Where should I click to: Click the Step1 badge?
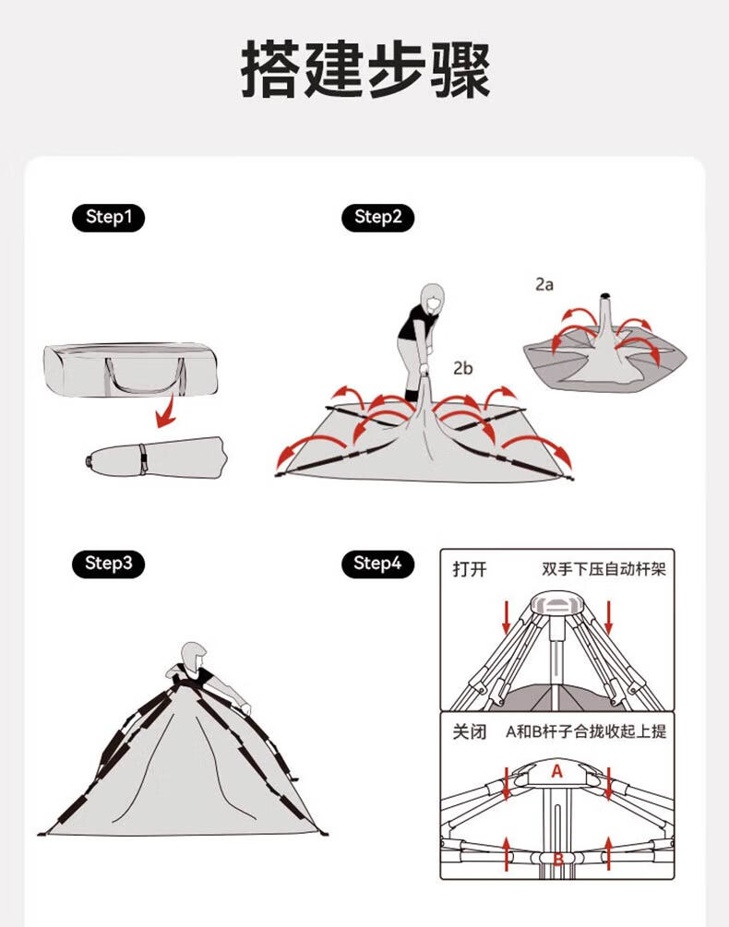click(x=108, y=217)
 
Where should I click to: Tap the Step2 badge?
click(x=377, y=217)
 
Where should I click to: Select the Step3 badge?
click(x=108, y=564)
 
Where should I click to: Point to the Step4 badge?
click(x=377, y=564)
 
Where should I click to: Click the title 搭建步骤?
click(x=365, y=69)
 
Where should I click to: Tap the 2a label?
click(x=544, y=284)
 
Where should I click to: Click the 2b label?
click(x=463, y=368)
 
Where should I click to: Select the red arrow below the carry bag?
click(x=166, y=411)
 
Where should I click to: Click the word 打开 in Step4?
click(x=470, y=569)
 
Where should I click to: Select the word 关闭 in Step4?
click(x=470, y=731)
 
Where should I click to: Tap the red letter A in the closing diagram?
click(x=556, y=771)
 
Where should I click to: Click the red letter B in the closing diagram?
click(x=557, y=859)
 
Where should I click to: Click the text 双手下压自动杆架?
click(x=604, y=569)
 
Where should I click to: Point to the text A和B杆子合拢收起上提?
click(x=586, y=731)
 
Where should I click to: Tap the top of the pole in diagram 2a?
click(x=605, y=296)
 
